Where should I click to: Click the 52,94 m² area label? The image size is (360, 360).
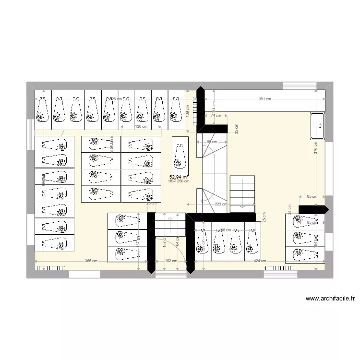click(x=179, y=177)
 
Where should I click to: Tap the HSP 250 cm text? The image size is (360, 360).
click(x=179, y=181)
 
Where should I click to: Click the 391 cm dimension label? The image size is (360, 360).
click(x=264, y=99)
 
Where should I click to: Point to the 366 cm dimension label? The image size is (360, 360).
click(x=91, y=261)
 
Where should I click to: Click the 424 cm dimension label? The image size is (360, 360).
click(x=260, y=261)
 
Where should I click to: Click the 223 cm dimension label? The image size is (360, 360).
click(x=221, y=204)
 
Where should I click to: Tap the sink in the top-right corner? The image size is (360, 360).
click(x=318, y=126)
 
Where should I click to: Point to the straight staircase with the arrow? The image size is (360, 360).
click(x=242, y=192)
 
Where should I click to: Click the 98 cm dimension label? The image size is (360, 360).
click(x=212, y=142)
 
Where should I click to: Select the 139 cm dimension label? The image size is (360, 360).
click(x=188, y=112)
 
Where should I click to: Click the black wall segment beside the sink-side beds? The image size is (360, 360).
click(x=313, y=209)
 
